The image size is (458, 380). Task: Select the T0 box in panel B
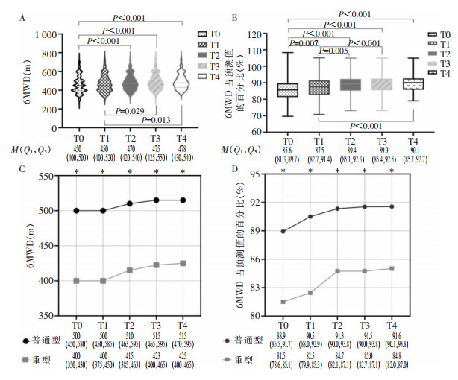[287, 90]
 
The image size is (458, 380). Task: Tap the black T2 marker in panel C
[129, 203]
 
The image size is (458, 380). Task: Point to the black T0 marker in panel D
[283, 231]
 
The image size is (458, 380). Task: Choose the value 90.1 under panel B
[412, 147]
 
